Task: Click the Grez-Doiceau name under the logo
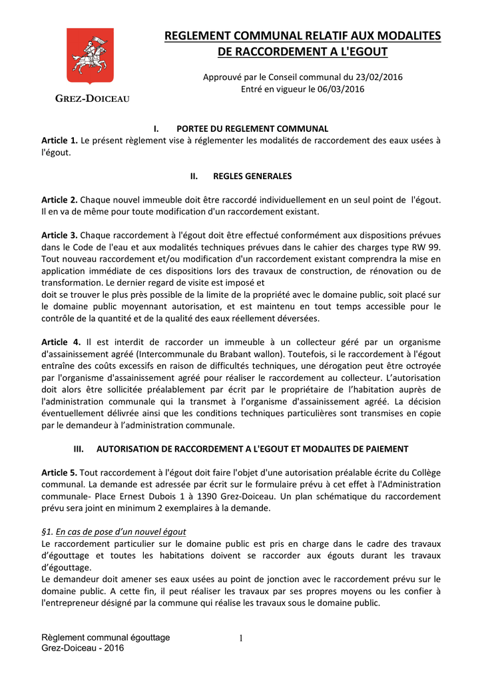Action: coord(92,99)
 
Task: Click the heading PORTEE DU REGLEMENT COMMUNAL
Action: coord(252,129)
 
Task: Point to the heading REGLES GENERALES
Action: coord(252,176)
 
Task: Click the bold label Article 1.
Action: coord(59,141)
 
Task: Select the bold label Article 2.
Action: coord(59,200)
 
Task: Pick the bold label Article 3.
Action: coord(59,235)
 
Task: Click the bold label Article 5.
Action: coord(59,472)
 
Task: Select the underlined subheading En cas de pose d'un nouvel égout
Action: coord(120,531)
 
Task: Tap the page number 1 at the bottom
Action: coord(241,639)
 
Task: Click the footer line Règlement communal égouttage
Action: coord(106,637)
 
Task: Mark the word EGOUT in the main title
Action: coord(365,51)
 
